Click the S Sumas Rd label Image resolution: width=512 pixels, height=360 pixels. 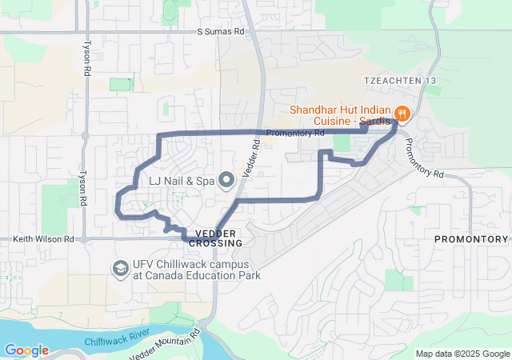221,31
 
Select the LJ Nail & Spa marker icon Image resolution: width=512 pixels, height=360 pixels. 226,181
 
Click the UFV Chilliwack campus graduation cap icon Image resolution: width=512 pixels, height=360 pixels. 121,267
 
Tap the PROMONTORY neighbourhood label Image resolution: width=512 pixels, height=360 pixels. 471,239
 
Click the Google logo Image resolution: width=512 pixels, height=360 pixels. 26,350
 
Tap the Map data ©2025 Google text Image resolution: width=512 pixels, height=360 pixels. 462,354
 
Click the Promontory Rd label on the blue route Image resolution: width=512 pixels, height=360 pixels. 294,133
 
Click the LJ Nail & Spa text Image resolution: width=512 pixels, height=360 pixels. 181,182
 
